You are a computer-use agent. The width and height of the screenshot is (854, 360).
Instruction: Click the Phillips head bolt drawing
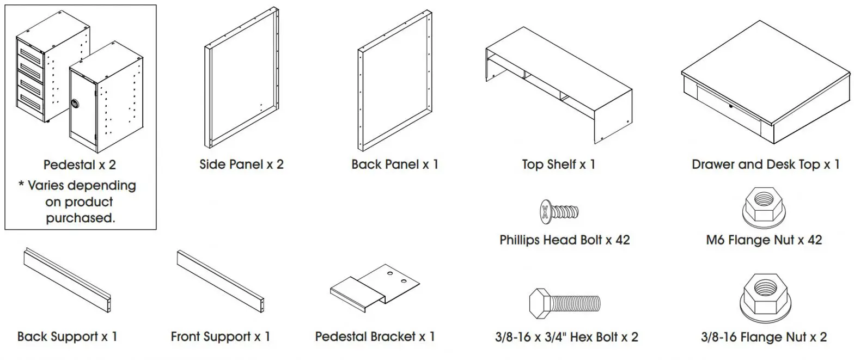559,211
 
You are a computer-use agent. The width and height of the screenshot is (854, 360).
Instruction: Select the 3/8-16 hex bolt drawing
564,303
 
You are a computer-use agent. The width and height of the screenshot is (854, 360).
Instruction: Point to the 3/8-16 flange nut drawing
764,301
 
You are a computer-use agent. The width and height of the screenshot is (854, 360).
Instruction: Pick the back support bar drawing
68,280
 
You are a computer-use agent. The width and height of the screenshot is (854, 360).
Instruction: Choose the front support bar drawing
220,281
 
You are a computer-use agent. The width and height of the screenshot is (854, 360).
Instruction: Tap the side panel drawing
242,78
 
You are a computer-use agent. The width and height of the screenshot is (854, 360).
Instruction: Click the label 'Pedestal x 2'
80,164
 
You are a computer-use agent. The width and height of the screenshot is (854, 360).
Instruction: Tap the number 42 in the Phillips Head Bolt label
623,240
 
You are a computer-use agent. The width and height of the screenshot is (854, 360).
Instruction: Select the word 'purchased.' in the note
80,218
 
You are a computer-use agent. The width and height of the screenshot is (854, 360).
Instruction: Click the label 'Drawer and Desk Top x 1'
765,164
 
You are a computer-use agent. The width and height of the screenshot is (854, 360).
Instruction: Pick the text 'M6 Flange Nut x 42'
764,240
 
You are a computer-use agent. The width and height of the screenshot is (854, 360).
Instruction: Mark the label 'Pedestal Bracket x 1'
375,337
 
